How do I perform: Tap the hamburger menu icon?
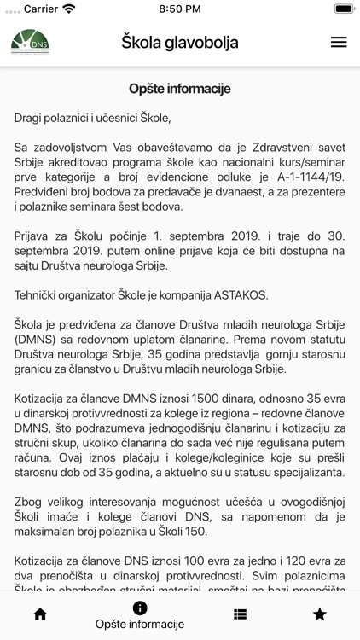click(339, 42)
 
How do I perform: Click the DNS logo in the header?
click(30, 42)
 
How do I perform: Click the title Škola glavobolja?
click(179, 42)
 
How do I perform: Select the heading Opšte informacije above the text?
click(179, 89)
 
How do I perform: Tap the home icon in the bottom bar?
click(40, 614)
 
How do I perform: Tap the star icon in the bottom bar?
click(320, 614)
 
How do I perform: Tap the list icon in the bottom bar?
click(240, 614)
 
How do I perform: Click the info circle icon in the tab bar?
click(140, 608)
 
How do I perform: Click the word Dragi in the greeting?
click(31, 117)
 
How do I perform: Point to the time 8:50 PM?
click(180, 9)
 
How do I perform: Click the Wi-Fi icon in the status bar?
click(69, 9)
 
